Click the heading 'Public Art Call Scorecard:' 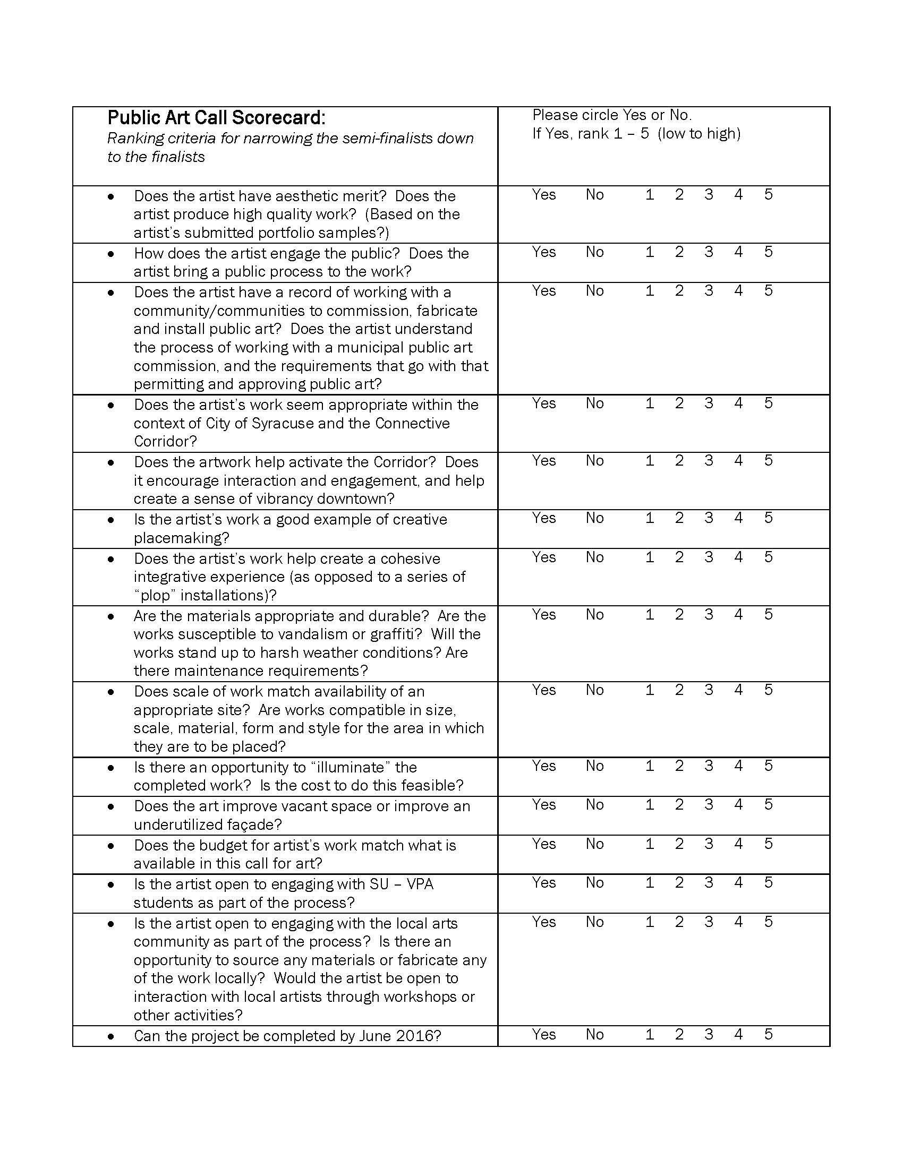216,118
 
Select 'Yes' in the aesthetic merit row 543,195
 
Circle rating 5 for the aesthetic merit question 768,195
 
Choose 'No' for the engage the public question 594,252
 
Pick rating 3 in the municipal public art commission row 709,291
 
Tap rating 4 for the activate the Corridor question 738,460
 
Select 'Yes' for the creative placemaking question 543,518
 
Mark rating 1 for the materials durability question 650,614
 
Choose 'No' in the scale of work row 594,690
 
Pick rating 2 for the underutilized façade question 679,805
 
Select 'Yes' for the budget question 543,844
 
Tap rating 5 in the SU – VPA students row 768,883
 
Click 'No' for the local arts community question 594,922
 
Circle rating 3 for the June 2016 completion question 709,1035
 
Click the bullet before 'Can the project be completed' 110,1037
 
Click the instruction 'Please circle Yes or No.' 612,115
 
